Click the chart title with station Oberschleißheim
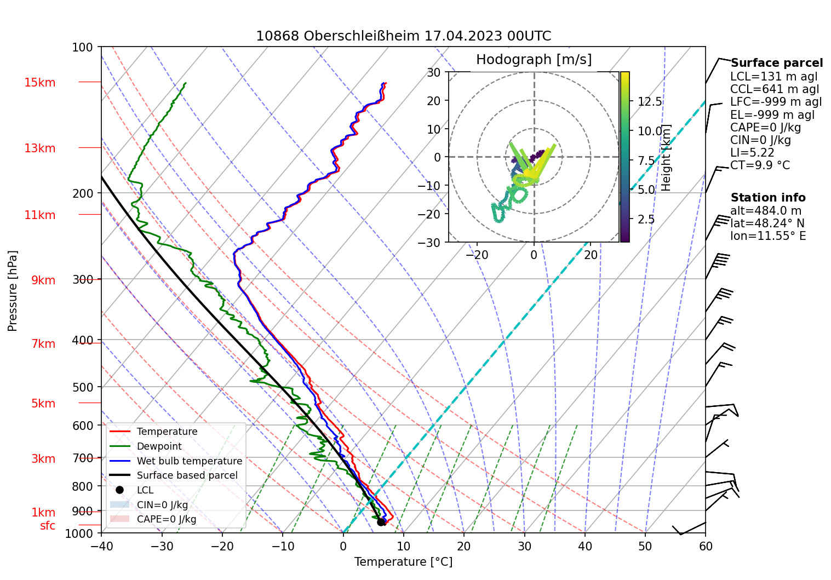403,36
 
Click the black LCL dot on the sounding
381,522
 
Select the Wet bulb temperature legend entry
189,461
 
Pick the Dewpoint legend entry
159,446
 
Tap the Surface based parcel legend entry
187,475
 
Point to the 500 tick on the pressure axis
83,387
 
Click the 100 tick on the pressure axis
83,47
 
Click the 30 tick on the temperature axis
524,546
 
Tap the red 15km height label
40,83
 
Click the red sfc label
48,526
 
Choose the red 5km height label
43,404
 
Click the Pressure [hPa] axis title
13,291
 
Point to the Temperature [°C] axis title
403,562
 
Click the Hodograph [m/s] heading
534,60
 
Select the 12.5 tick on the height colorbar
650,102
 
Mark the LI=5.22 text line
752,153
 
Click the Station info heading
768,198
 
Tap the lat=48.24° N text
767,223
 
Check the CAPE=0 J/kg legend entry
166,519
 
